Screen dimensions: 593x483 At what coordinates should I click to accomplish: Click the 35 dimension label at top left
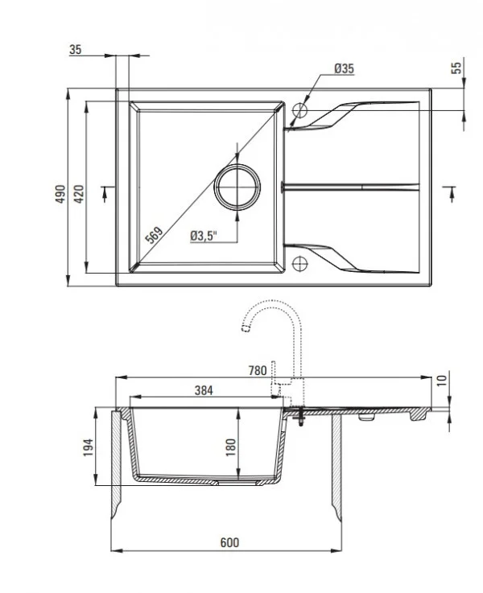pos(76,50)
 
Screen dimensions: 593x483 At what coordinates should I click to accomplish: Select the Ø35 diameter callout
pos(344,69)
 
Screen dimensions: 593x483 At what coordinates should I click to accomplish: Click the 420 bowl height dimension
pos(78,194)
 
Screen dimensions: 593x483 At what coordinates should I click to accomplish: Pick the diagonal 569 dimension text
pos(154,234)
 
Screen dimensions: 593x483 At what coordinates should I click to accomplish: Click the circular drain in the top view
pos(237,186)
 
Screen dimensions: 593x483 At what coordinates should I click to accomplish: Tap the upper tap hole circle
pos(301,109)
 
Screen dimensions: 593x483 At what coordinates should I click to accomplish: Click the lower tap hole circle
pos(301,261)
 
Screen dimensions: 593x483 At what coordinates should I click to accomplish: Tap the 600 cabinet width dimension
pos(229,543)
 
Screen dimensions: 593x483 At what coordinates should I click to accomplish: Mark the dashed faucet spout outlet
pos(242,327)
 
